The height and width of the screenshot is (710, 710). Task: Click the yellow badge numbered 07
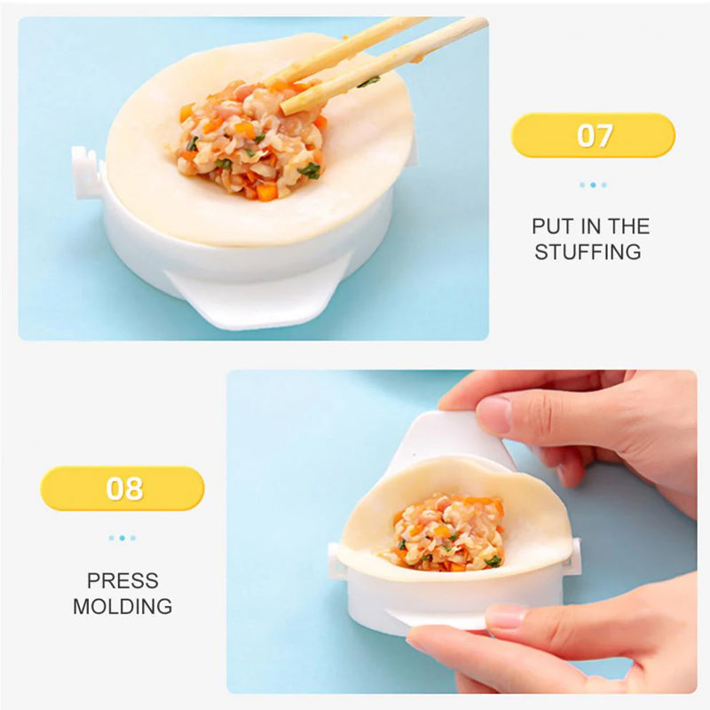(x=593, y=135)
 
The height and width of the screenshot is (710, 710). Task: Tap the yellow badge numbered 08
(x=122, y=488)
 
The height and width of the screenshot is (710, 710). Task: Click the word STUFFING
(x=588, y=252)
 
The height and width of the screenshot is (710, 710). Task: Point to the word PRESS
(x=122, y=580)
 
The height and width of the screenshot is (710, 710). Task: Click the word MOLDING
(x=122, y=606)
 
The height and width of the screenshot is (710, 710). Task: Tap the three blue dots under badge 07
(x=593, y=185)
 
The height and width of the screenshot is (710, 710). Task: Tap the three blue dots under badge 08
(x=122, y=538)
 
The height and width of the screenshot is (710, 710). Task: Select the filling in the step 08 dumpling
(x=446, y=532)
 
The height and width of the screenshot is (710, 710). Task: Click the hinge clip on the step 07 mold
(x=87, y=172)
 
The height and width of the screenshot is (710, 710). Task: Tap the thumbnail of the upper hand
(x=493, y=415)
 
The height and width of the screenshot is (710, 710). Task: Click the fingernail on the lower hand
(x=506, y=616)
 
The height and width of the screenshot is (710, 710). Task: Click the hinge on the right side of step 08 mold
(x=573, y=556)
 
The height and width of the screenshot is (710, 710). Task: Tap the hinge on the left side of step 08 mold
(x=335, y=561)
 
